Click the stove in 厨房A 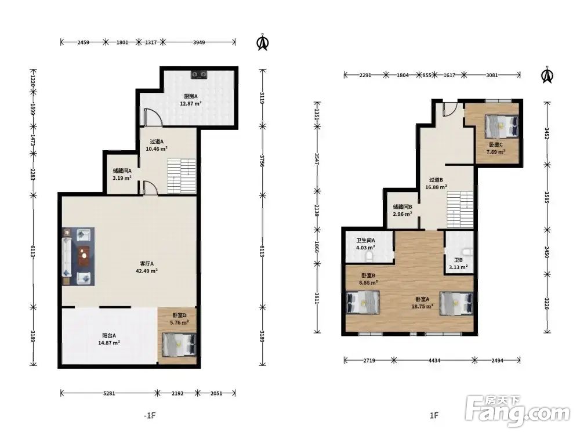click(199, 75)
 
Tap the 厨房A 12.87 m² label click(190, 100)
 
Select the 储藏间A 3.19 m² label click(122, 174)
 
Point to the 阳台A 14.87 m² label click(109, 339)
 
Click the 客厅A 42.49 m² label click(147, 267)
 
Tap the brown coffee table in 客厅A click(84, 256)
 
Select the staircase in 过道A click(182, 176)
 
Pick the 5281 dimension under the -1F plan click(109, 393)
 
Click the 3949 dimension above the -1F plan click(199, 42)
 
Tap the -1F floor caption click(150, 415)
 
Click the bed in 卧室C click(502, 125)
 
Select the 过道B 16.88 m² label click(436, 183)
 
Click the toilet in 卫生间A click(369, 256)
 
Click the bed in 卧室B click(363, 303)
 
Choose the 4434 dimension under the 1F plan click(434, 360)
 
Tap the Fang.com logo click(517, 410)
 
